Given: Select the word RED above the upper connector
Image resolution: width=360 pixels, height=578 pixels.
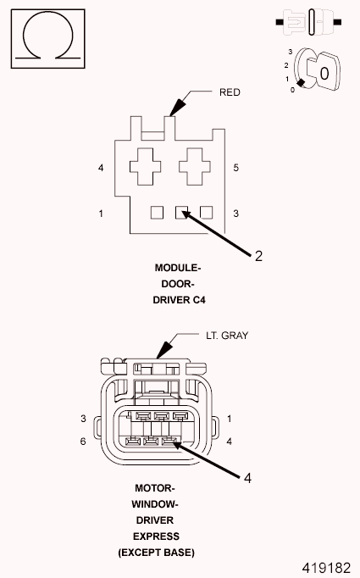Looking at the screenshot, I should pyautogui.click(x=230, y=92).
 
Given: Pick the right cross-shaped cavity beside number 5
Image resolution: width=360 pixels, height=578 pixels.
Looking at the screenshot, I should pyautogui.click(x=194, y=165).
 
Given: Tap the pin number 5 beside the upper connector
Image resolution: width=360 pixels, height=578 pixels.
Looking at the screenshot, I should pyautogui.click(x=235, y=168).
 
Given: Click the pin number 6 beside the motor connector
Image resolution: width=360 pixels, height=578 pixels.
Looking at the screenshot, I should pyautogui.click(x=84, y=442).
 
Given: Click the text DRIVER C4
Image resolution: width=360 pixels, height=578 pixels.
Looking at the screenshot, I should pyautogui.click(x=178, y=299).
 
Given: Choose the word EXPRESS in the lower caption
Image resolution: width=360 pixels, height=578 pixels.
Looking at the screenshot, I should pyautogui.click(x=155, y=536).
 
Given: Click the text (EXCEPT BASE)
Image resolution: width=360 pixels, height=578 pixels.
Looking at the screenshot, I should pyautogui.click(x=155, y=553).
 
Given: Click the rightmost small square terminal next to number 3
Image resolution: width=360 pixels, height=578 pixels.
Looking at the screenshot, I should pyautogui.click(x=205, y=213).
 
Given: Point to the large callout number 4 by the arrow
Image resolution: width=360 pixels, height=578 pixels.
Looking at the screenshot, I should pyautogui.click(x=247, y=479).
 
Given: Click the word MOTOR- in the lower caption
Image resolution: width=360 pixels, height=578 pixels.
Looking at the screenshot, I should pyautogui.click(x=155, y=488).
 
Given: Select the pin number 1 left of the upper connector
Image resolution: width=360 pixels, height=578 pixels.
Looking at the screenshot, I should pyautogui.click(x=101, y=213).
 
